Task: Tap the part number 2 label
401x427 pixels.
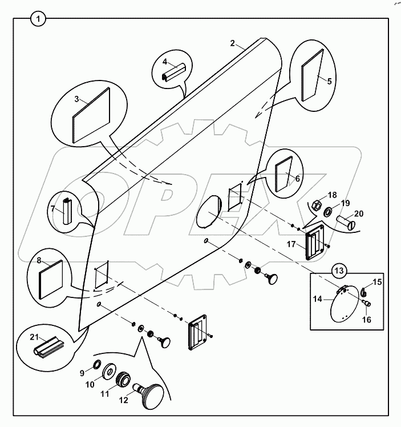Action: pyautogui.click(x=232, y=43)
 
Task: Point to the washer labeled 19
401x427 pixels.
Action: pyautogui.click(x=329, y=212)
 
